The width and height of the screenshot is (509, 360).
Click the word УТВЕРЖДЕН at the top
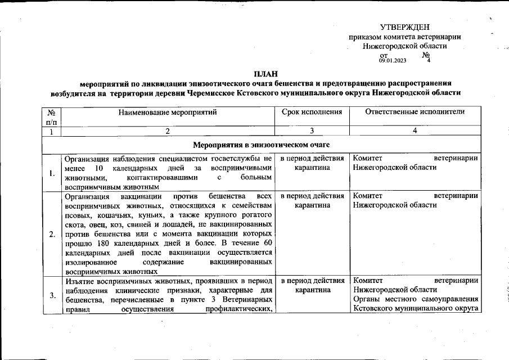tap(405, 28)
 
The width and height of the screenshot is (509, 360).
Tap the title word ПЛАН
tap(264, 74)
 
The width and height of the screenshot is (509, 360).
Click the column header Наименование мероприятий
tap(167, 112)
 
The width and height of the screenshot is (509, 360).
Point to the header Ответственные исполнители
tap(415, 112)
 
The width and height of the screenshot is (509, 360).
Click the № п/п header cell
tap(51, 116)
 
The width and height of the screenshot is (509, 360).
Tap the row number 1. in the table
tap(52, 173)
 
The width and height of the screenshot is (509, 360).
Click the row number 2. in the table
tap(52, 234)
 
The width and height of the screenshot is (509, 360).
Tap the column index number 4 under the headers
tap(415, 131)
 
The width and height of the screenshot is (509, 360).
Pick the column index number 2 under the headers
tap(167, 131)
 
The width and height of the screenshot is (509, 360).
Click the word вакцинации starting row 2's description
tap(140, 196)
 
